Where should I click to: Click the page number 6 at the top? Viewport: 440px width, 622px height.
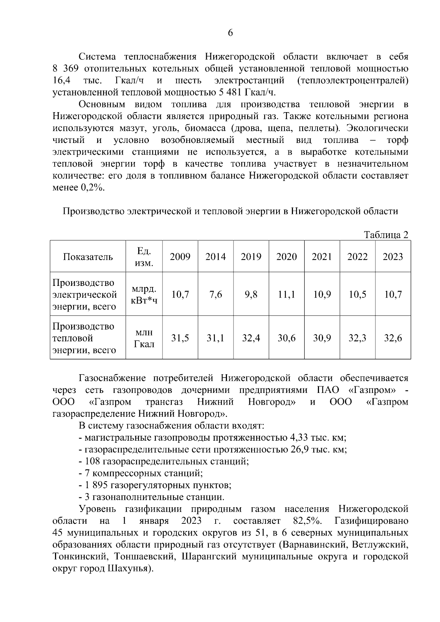pyautogui.click(x=230, y=33)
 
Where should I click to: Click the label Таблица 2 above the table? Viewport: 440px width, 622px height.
pyautogui.click(x=386, y=235)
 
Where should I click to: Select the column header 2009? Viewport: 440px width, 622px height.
pyautogui.click(x=180, y=257)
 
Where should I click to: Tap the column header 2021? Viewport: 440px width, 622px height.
pyautogui.click(x=322, y=257)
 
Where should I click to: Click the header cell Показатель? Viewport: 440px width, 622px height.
pyautogui.click(x=88, y=257)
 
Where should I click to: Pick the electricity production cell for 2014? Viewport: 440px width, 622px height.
pyautogui.click(x=216, y=294)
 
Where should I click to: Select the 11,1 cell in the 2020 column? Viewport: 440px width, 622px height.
pyautogui.click(x=286, y=294)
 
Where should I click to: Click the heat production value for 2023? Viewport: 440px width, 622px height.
pyautogui.click(x=393, y=338)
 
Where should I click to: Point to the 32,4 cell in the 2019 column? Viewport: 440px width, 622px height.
pyautogui.click(x=251, y=338)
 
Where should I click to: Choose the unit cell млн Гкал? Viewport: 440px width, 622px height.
pyautogui.click(x=144, y=338)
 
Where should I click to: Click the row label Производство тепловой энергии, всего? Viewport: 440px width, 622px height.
pyautogui.click(x=84, y=338)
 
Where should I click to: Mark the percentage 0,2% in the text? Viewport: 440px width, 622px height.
pyautogui.click(x=92, y=188)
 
